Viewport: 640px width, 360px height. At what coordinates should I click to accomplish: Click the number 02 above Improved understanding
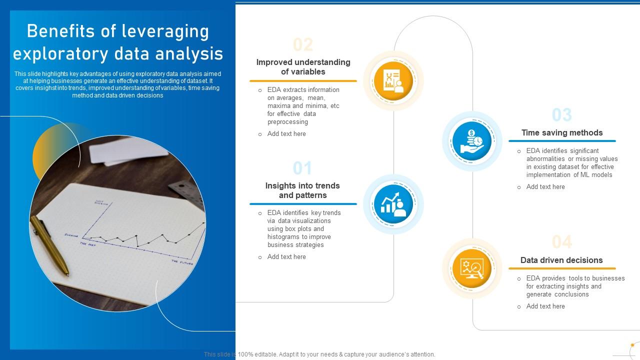(303, 45)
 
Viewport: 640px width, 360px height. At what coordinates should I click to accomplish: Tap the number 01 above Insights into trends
(302, 168)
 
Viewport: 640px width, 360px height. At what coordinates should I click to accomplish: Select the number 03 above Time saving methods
(562, 115)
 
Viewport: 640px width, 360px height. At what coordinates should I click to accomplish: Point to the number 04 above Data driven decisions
(562, 242)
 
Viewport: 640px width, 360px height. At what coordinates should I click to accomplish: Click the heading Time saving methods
(562, 132)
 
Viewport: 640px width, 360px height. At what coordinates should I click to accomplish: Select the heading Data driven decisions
(561, 260)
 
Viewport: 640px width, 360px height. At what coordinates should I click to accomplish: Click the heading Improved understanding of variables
(303, 67)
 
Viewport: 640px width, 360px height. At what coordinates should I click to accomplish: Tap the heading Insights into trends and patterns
(302, 190)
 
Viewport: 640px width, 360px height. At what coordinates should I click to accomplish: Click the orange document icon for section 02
(393, 81)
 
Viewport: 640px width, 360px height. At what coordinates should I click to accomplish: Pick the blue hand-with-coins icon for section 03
(472, 141)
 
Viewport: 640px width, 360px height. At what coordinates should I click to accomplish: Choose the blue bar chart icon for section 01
(393, 204)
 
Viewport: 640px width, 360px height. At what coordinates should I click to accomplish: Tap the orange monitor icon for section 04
(472, 268)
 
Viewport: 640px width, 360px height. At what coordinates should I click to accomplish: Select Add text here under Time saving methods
(545, 187)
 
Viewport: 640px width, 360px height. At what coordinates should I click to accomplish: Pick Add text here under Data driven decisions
(545, 306)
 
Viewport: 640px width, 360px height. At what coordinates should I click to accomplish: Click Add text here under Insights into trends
(286, 257)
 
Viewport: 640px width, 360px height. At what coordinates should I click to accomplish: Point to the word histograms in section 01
(283, 237)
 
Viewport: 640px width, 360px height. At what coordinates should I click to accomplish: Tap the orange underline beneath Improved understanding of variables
(303, 80)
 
